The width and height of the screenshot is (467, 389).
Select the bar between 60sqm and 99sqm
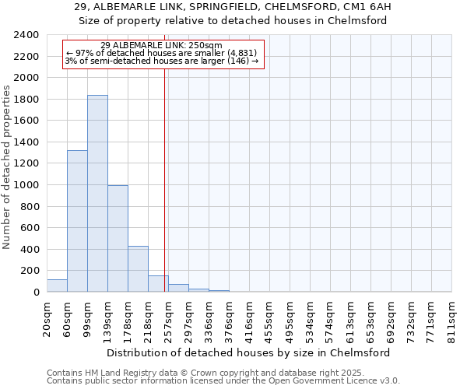[77, 221]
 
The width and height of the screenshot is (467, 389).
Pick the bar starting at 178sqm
[138, 268]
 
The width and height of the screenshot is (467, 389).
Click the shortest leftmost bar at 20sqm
[57, 286]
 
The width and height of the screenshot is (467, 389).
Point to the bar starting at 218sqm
[158, 284]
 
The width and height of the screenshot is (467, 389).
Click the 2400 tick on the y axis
[26, 36]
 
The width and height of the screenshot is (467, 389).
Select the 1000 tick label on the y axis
[26, 185]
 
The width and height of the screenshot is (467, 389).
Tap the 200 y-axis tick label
[30, 271]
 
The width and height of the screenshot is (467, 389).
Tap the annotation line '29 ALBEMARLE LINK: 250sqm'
[162, 45]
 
